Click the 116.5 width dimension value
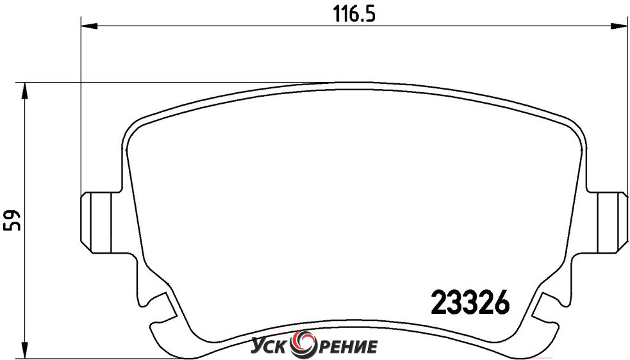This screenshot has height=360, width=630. (354, 15)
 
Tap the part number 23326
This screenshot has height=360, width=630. (470, 302)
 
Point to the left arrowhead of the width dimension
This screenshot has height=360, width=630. (90, 26)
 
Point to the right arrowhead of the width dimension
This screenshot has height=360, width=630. (620, 26)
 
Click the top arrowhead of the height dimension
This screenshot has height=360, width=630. (25, 91)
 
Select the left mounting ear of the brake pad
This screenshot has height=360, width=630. (101, 222)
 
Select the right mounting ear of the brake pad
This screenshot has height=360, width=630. (608, 222)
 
